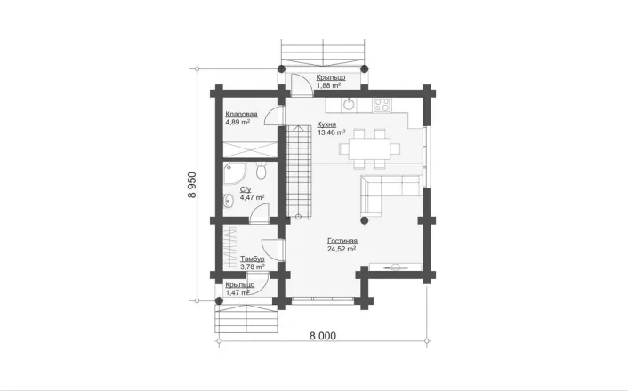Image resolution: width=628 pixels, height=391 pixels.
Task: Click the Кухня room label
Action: tap(326, 124)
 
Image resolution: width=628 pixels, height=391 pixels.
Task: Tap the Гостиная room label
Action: tap(342, 241)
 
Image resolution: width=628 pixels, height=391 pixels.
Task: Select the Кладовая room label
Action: tap(241, 115)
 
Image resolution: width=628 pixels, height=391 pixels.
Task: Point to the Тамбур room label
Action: tap(253, 259)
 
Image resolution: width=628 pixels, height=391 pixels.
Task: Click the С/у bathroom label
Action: tap(246, 189)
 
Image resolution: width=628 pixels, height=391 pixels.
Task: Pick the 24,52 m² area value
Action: tap(342, 249)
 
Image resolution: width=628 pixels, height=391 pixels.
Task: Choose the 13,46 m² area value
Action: tap(331, 132)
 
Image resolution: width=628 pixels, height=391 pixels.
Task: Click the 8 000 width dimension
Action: tap(323, 336)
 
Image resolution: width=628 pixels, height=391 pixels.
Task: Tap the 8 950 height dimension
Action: tap(192, 185)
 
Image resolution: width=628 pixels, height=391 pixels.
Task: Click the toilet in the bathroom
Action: tap(261, 171)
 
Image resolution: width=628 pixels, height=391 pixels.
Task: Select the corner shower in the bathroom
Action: tap(234, 173)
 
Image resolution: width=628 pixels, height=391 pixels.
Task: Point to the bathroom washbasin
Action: tap(229, 201)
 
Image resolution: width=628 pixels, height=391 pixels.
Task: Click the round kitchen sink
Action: tap(350, 105)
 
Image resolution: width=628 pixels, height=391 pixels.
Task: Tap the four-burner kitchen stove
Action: tap(382, 105)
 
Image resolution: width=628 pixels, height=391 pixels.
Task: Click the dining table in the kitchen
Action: tap(369, 148)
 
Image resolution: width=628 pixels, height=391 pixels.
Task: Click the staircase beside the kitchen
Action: tap(298, 172)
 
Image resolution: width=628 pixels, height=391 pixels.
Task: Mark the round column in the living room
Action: tap(365, 220)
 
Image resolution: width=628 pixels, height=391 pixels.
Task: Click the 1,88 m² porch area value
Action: tap(328, 85)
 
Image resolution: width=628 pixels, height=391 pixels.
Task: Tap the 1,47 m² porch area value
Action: tap(238, 292)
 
